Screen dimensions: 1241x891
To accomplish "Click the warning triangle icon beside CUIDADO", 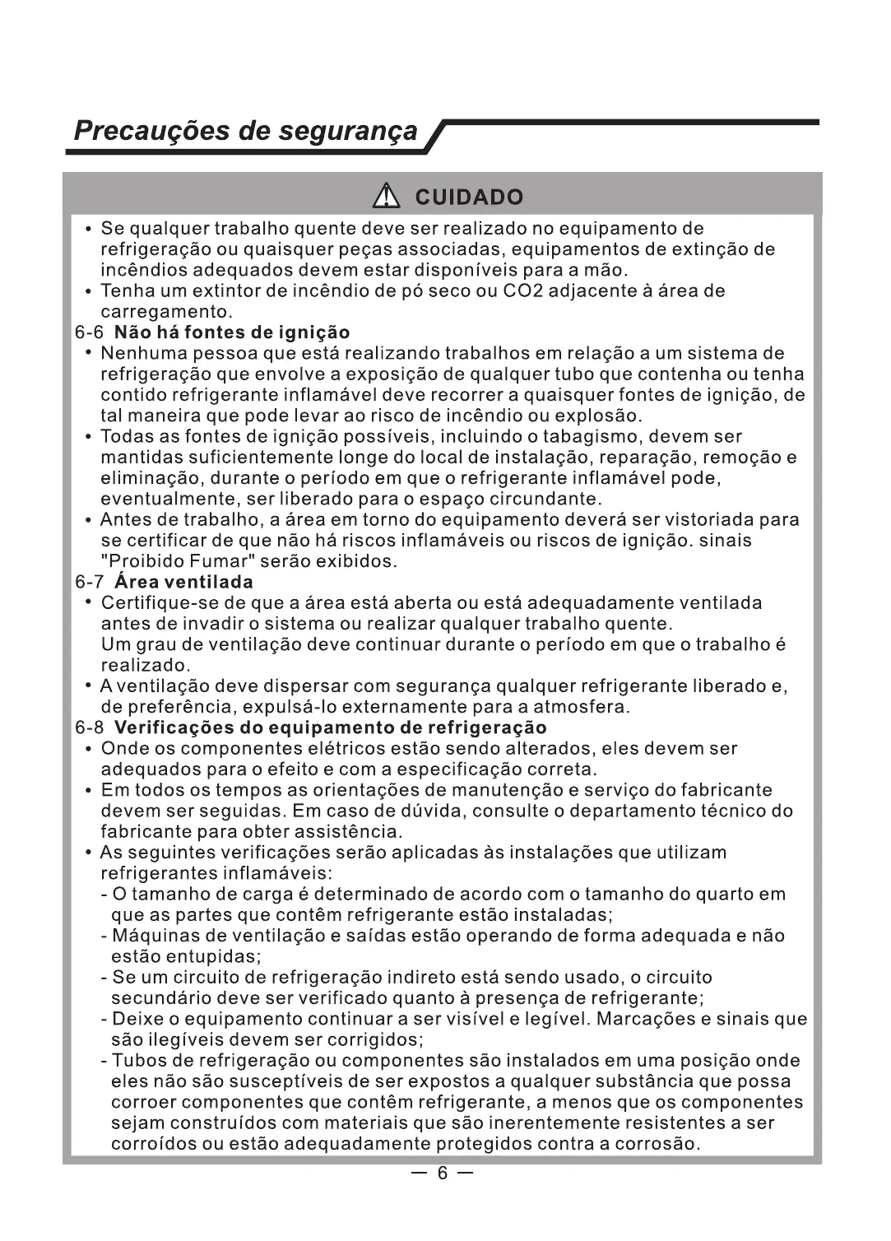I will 384,197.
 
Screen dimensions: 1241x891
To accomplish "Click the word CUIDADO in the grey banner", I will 469,198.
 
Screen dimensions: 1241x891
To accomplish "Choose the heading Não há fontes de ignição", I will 232,332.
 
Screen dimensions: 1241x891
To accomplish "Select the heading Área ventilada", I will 183,583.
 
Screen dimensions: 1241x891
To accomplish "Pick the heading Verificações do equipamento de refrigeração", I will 330,728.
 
